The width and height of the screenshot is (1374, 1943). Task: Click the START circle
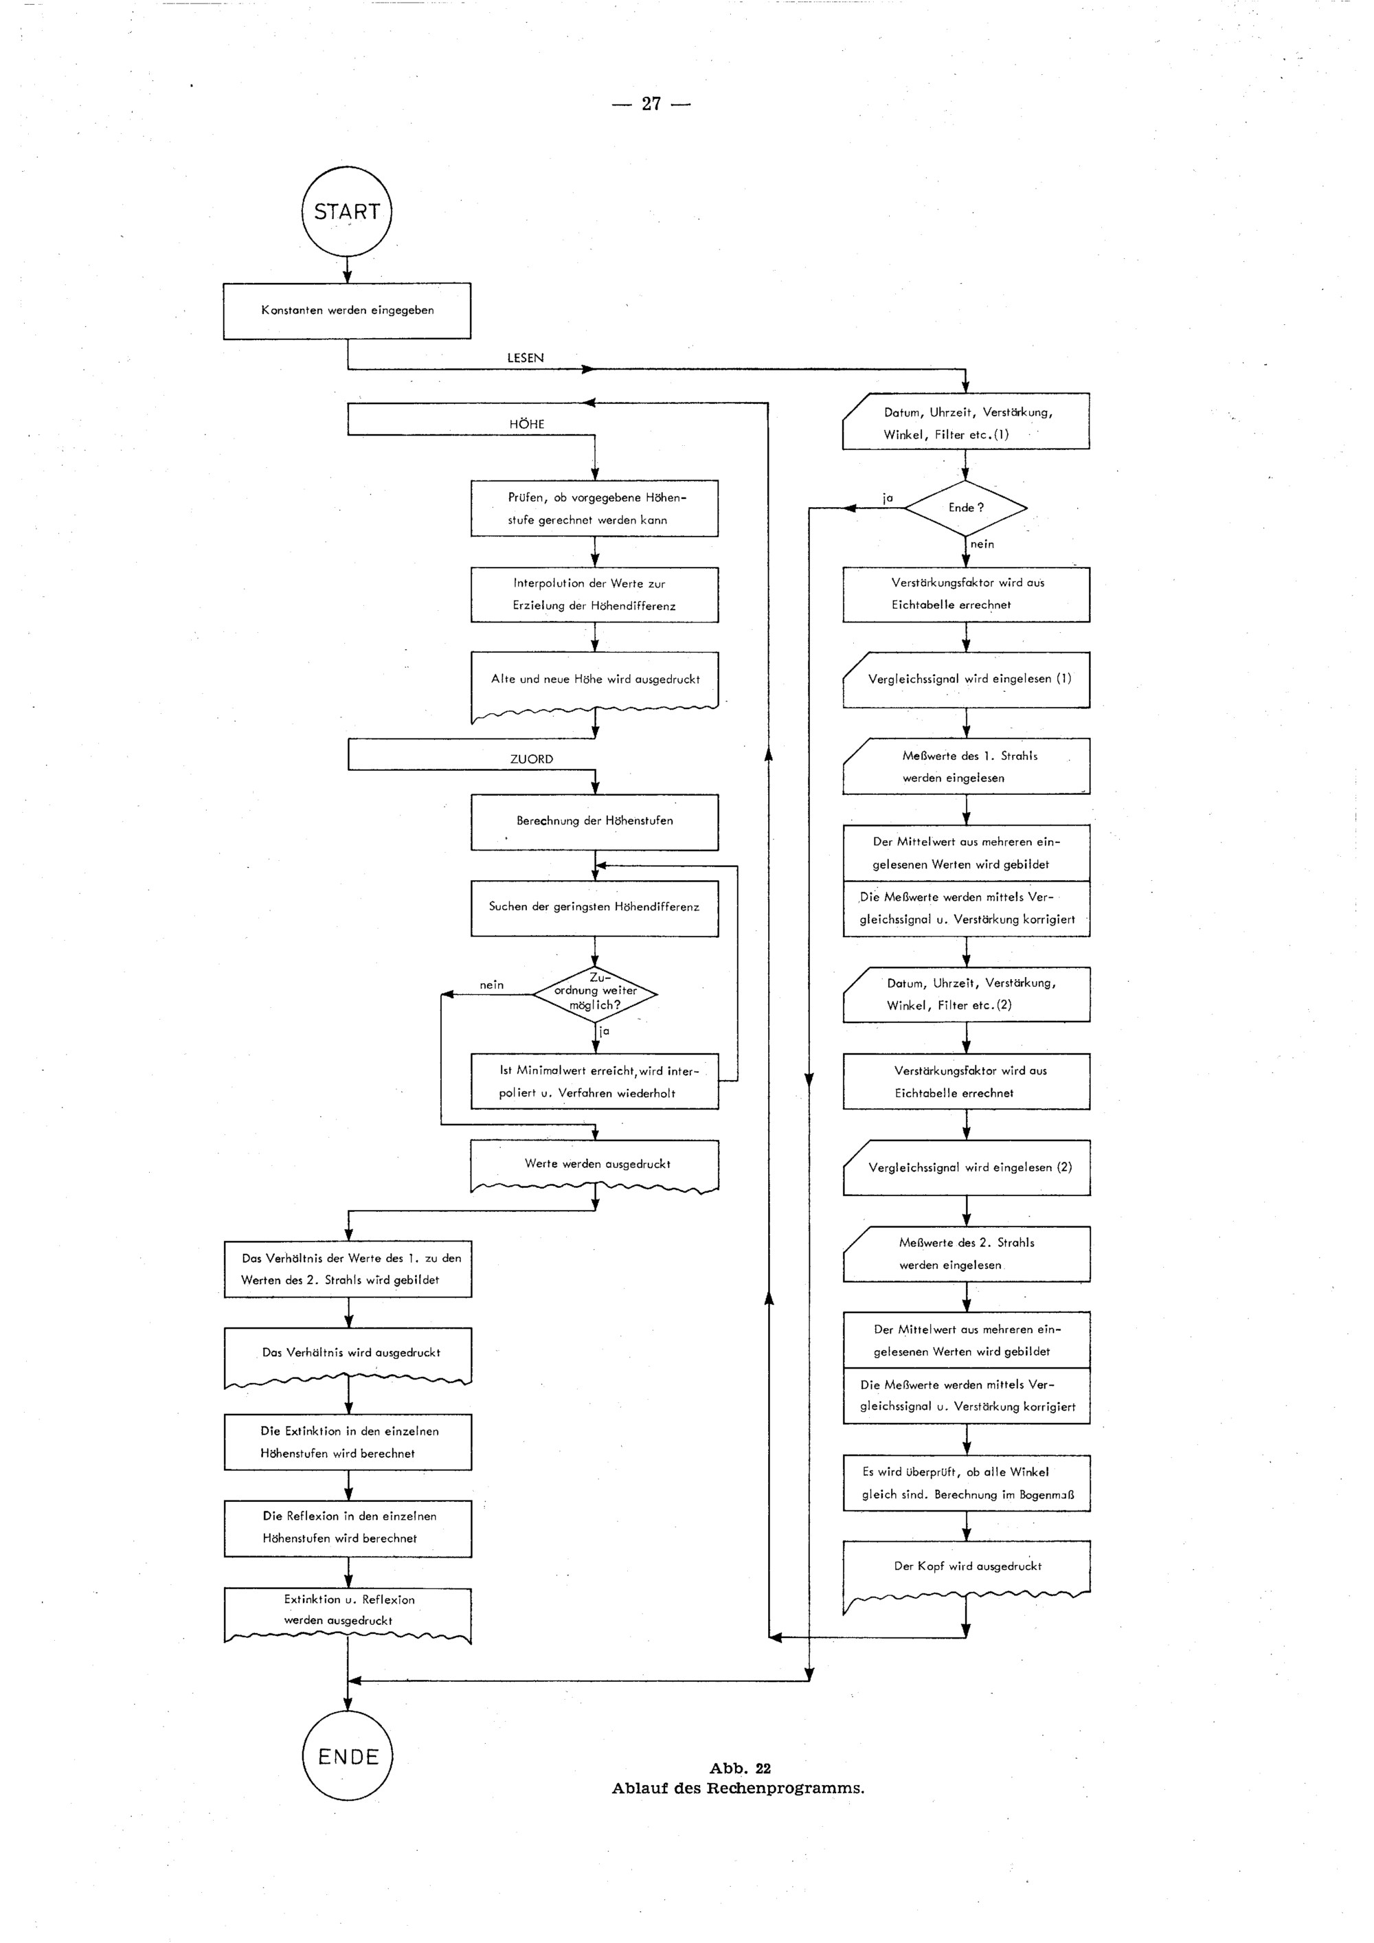347,212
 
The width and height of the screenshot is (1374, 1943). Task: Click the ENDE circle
347,1756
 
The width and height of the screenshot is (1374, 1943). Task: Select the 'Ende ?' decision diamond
965,508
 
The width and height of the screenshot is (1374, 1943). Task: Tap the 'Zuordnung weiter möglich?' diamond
595,993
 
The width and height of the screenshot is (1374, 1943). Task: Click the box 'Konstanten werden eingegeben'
347,311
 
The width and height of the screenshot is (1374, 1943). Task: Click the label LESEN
526,358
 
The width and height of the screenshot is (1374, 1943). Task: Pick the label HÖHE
526,424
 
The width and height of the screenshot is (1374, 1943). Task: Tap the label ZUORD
531,759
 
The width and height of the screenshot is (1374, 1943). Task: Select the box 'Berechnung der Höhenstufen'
595,821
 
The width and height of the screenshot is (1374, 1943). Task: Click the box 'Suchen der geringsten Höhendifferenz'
595,907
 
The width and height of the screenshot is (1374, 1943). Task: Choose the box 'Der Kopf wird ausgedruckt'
966,1566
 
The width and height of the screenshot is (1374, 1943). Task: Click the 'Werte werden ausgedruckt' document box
595,1165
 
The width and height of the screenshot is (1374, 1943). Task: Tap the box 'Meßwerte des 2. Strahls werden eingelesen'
966,1253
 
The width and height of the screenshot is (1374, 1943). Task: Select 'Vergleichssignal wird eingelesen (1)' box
966,679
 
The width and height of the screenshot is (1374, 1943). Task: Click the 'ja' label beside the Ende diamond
888,498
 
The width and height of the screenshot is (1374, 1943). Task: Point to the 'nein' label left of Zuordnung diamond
492,985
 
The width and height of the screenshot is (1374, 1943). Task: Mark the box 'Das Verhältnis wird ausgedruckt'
348,1354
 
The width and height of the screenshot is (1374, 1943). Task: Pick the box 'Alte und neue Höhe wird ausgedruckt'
595,679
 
